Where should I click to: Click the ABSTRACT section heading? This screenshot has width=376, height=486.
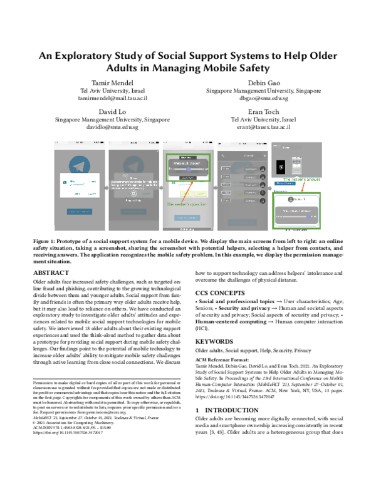[x=51, y=274]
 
